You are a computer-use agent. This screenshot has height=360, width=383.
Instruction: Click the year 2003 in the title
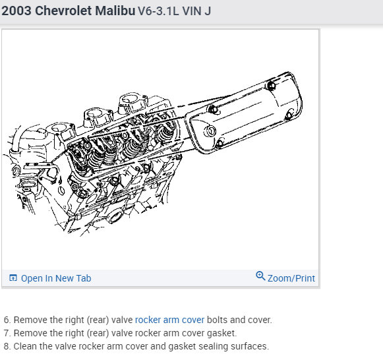click(16, 11)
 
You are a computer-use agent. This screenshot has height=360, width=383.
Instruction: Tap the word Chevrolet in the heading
click(63, 11)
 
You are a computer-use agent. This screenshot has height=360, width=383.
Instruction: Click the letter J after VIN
click(208, 11)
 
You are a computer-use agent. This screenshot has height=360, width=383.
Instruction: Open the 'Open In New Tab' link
click(56, 278)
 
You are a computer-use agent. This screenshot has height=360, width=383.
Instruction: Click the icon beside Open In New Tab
click(13, 278)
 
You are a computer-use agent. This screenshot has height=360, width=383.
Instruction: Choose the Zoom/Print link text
click(291, 278)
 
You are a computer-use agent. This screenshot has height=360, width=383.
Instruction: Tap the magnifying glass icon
click(260, 276)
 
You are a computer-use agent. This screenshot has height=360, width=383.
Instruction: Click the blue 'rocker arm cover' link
click(169, 320)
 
